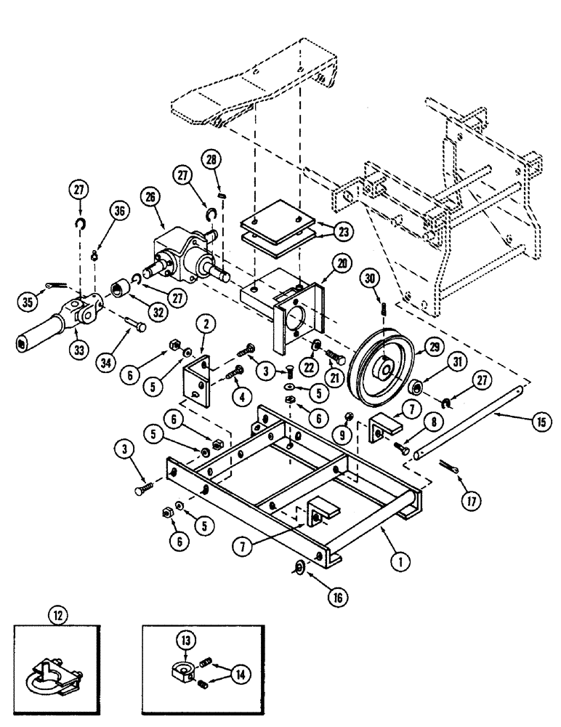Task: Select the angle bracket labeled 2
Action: pos(198,377)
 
